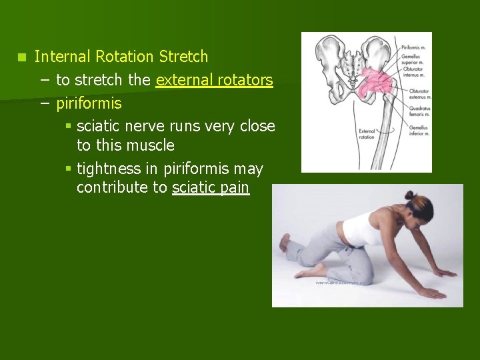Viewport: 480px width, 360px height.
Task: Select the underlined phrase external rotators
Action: pyautogui.click(x=214, y=81)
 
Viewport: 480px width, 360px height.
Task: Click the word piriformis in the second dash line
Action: pyautogui.click(x=89, y=104)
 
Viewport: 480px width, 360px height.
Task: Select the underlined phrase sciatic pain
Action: pyautogui.click(x=211, y=188)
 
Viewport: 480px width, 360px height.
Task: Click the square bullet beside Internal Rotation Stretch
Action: pyautogui.click(x=22, y=57)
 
